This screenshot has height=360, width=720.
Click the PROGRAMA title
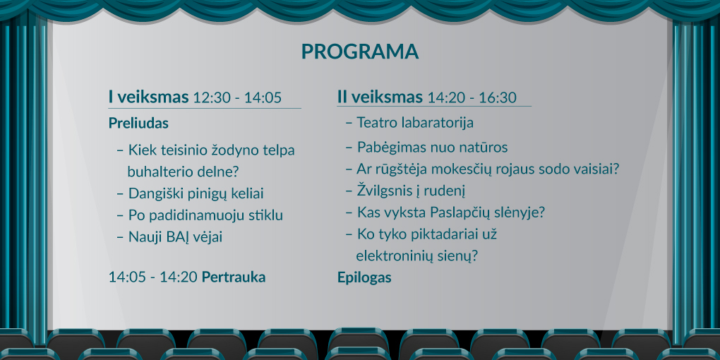(x=359, y=52)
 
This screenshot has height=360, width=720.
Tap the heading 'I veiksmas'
(x=148, y=97)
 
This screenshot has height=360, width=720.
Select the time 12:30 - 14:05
(x=237, y=97)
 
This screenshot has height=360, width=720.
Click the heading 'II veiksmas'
(x=380, y=97)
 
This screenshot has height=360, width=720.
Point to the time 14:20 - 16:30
(x=472, y=97)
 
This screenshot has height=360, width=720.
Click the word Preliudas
(x=138, y=123)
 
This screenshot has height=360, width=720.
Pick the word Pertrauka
(x=234, y=277)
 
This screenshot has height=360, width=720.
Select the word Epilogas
(x=364, y=278)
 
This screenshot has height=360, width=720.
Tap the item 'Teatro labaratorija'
(x=415, y=123)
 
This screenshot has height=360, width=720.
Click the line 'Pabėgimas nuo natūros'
(x=432, y=148)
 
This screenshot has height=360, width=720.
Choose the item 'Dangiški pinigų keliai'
(x=196, y=194)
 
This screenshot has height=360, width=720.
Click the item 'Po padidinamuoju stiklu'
(x=205, y=215)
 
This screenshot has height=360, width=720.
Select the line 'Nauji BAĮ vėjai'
(x=175, y=237)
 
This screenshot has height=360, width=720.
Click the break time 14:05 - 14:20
(x=153, y=278)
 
